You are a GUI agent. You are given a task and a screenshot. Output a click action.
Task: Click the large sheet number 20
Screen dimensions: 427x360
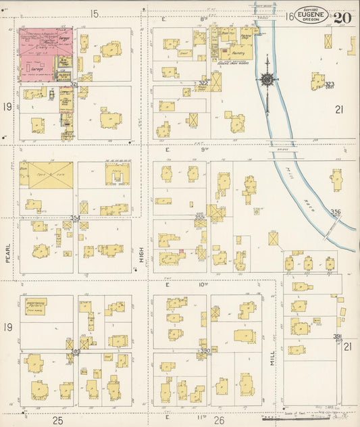pyautogui.click(x=342, y=18)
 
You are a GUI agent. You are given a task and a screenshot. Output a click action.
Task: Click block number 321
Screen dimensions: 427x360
pyautogui.click(x=74, y=84)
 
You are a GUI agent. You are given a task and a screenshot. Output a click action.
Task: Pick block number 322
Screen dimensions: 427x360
pyautogui.click(x=203, y=83)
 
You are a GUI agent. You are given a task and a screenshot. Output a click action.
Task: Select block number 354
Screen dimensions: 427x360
pyautogui.click(x=76, y=218)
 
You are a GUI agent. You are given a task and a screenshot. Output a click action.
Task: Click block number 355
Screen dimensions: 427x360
pyautogui.click(x=201, y=217)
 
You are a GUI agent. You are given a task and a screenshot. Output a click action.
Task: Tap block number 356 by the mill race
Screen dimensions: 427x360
pyautogui.click(x=335, y=212)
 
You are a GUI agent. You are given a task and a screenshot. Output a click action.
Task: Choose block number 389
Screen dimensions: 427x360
pyautogui.click(x=76, y=351)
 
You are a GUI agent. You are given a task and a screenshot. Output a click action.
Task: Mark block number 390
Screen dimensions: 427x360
pyautogui.click(x=205, y=351)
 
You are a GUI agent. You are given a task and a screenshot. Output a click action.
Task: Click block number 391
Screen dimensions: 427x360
pyautogui.click(x=337, y=336)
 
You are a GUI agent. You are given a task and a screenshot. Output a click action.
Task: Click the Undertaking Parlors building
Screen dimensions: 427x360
pyautogui.click(x=39, y=304)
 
